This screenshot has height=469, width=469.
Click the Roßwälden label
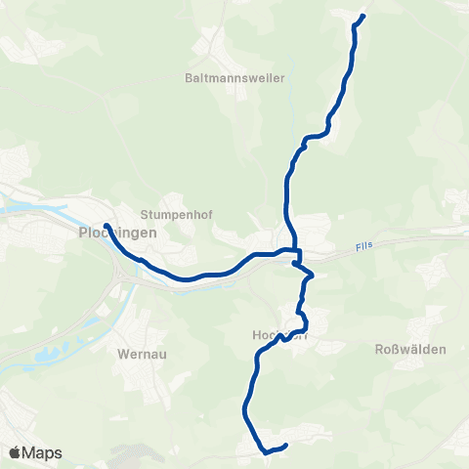click(410, 349)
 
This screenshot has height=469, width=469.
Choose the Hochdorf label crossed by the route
click(280, 333)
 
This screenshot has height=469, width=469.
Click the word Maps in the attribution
click(44, 452)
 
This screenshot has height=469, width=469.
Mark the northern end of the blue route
click(362, 17)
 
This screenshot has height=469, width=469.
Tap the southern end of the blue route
click(284, 447)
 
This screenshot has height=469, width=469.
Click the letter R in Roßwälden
click(380, 349)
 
